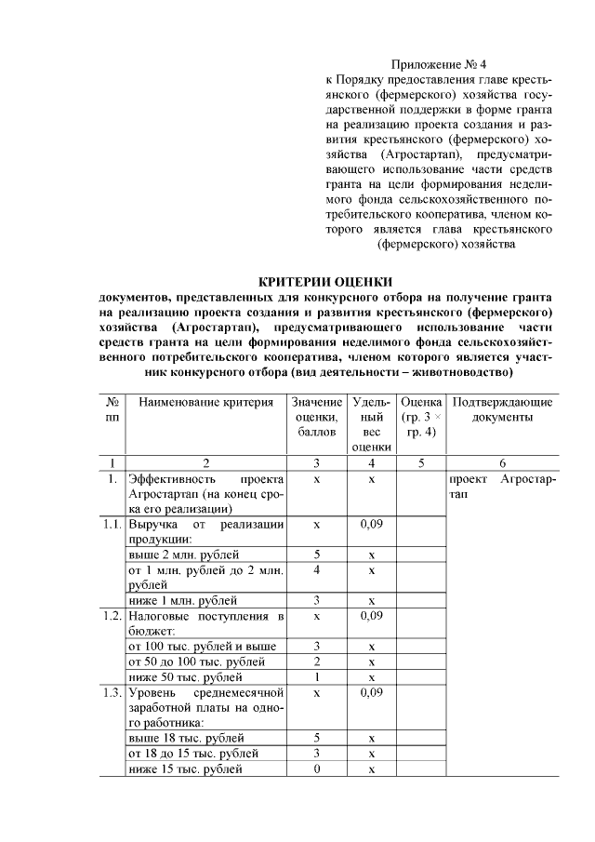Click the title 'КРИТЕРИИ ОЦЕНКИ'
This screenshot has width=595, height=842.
(x=325, y=281)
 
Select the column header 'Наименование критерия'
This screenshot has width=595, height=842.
(x=205, y=403)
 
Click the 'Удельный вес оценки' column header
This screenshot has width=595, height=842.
(x=371, y=425)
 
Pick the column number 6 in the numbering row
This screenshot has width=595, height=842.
(x=502, y=462)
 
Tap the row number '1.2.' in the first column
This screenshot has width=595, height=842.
(x=112, y=616)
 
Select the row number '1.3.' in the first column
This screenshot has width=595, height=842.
(x=112, y=692)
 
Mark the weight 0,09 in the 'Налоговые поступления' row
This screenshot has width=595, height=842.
(x=371, y=616)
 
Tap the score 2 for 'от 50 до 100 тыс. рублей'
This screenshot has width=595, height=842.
(x=317, y=662)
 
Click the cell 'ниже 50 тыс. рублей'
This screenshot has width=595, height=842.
(x=178, y=676)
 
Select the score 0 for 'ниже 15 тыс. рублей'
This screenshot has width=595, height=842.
(x=317, y=768)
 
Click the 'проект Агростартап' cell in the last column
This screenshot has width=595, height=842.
(x=502, y=487)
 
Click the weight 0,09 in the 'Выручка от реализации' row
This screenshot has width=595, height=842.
(x=371, y=525)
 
